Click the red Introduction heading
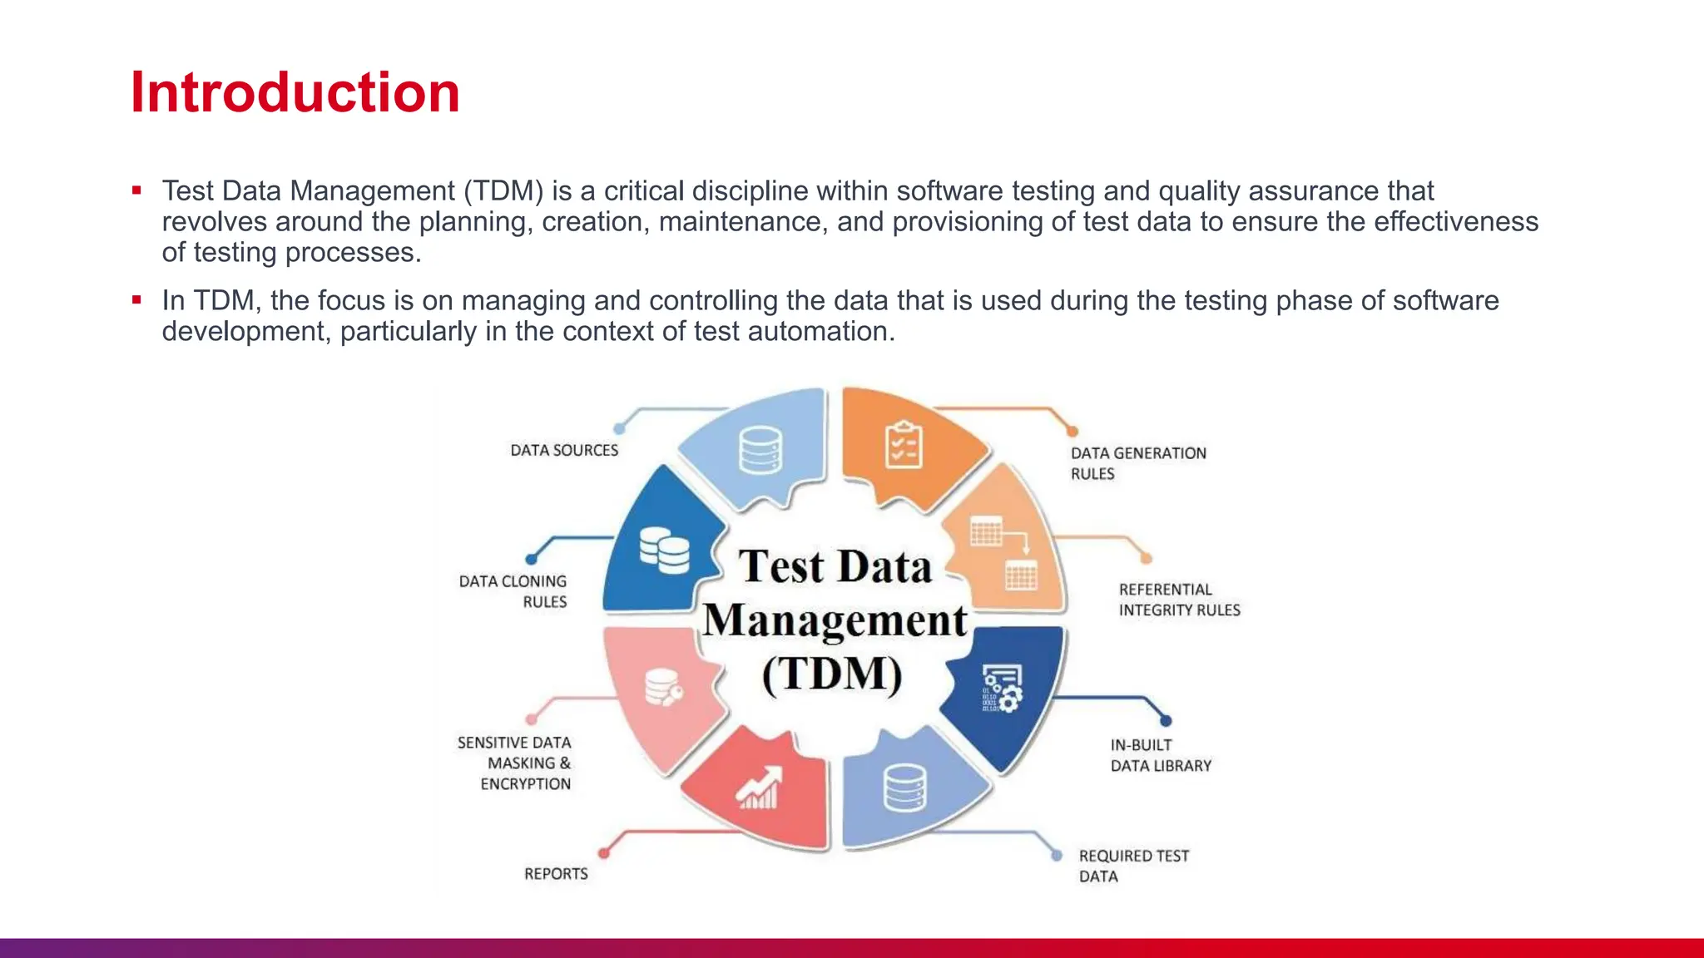pos(295,91)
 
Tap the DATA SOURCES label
pos(564,450)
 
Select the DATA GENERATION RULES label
pos(1137,463)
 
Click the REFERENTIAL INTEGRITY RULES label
pos(1178,600)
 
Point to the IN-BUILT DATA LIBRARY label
pos(1160,755)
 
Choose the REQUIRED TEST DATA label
pos(1132,866)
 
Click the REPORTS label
pos(556,874)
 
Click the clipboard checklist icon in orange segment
pos(904,445)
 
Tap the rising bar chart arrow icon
pos(759,788)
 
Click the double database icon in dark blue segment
pos(664,551)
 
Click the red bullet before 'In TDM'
pos(136,300)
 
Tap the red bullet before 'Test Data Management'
pos(136,190)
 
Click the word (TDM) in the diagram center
pos(832,674)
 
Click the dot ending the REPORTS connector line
pos(604,852)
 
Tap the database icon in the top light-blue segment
pos(760,450)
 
